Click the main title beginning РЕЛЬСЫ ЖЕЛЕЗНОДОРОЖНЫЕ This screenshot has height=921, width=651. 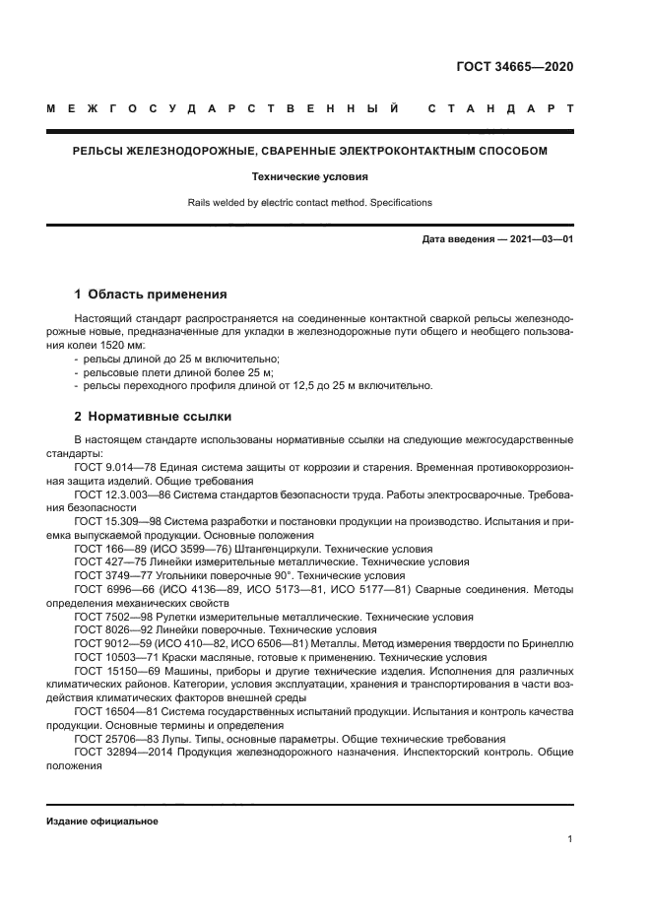pos(310,151)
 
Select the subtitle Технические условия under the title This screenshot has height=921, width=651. pos(310,177)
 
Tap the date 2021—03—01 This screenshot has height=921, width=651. pos(539,239)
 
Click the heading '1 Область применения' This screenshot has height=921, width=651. pos(152,294)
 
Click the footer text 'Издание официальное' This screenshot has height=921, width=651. pos(102,821)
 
